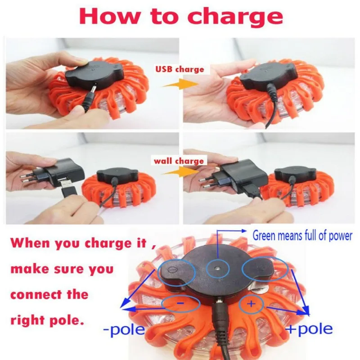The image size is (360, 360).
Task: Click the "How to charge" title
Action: (180, 16)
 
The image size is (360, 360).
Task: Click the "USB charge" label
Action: (180, 69)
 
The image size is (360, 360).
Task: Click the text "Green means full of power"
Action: (302, 235)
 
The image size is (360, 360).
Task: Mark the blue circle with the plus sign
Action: (251, 305)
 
